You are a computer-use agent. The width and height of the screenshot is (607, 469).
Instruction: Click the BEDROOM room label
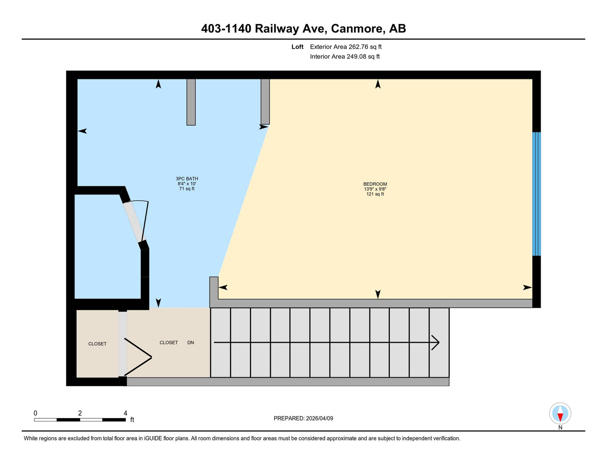(x=375, y=184)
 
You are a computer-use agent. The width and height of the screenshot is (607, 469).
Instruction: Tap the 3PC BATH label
(x=187, y=179)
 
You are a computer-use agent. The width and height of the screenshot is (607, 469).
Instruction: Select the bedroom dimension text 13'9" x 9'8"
(x=375, y=189)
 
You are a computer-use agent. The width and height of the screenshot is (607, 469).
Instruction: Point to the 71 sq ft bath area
(x=187, y=189)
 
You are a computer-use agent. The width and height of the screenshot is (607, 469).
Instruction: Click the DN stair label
(x=191, y=343)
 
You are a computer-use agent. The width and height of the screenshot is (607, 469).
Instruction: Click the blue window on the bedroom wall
(x=536, y=194)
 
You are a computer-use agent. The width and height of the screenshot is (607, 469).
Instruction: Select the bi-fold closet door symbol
(x=138, y=357)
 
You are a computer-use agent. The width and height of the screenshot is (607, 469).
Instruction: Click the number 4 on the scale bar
(x=126, y=413)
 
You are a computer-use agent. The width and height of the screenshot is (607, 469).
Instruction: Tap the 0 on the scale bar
(x=35, y=413)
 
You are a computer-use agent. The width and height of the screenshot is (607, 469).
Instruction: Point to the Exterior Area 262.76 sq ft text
(x=346, y=47)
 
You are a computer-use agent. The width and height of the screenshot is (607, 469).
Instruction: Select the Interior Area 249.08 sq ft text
(x=345, y=57)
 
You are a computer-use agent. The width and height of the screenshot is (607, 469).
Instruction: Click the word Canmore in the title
(x=357, y=29)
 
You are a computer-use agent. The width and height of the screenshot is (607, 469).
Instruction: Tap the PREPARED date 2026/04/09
(x=319, y=418)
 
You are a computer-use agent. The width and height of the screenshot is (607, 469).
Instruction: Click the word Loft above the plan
(x=297, y=47)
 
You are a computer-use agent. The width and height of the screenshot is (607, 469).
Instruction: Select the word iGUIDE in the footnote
(x=153, y=438)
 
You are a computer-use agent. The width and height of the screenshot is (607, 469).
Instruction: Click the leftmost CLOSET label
(x=97, y=344)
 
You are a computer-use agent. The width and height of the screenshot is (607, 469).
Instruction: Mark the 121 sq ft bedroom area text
(x=375, y=194)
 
